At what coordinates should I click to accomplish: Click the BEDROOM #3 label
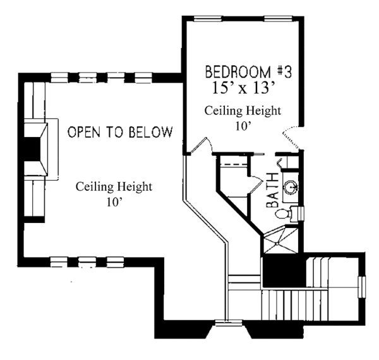click(x=248, y=72)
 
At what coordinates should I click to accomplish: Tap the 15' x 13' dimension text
click(x=244, y=88)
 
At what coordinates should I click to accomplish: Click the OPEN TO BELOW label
click(x=120, y=131)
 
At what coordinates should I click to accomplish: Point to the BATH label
click(x=272, y=190)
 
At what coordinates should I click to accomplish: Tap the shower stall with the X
click(x=280, y=240)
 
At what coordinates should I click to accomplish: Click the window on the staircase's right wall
click(x=362, y=287)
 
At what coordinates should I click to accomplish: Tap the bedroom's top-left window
click(x=208, y=18)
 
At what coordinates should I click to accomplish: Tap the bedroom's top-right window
click(x=278, y=18)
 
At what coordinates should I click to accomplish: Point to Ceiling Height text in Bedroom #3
click(x=243, y=111)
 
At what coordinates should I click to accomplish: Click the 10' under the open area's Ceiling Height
click(x=114, y=202)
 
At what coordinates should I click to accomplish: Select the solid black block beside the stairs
click(x=284, y=272)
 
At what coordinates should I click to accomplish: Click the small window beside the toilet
click(x=301, y=213)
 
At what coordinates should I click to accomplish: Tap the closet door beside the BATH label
click(x=256, y=184)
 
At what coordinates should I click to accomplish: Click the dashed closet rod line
click(x=234, y=165)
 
